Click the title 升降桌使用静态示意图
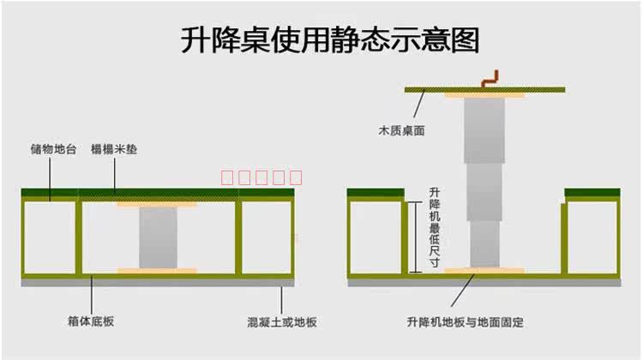point(331,40)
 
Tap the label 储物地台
point(54,149)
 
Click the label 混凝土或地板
point(282,322)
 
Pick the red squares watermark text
point(262,178)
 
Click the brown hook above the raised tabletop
point(490,79)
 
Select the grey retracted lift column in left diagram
point(158,237)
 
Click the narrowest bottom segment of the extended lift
point(484,246)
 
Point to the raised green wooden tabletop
point(484,88)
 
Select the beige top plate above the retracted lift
point(158,204)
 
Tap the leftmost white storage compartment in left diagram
point(50,238)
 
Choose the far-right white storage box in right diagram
point(592,237)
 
